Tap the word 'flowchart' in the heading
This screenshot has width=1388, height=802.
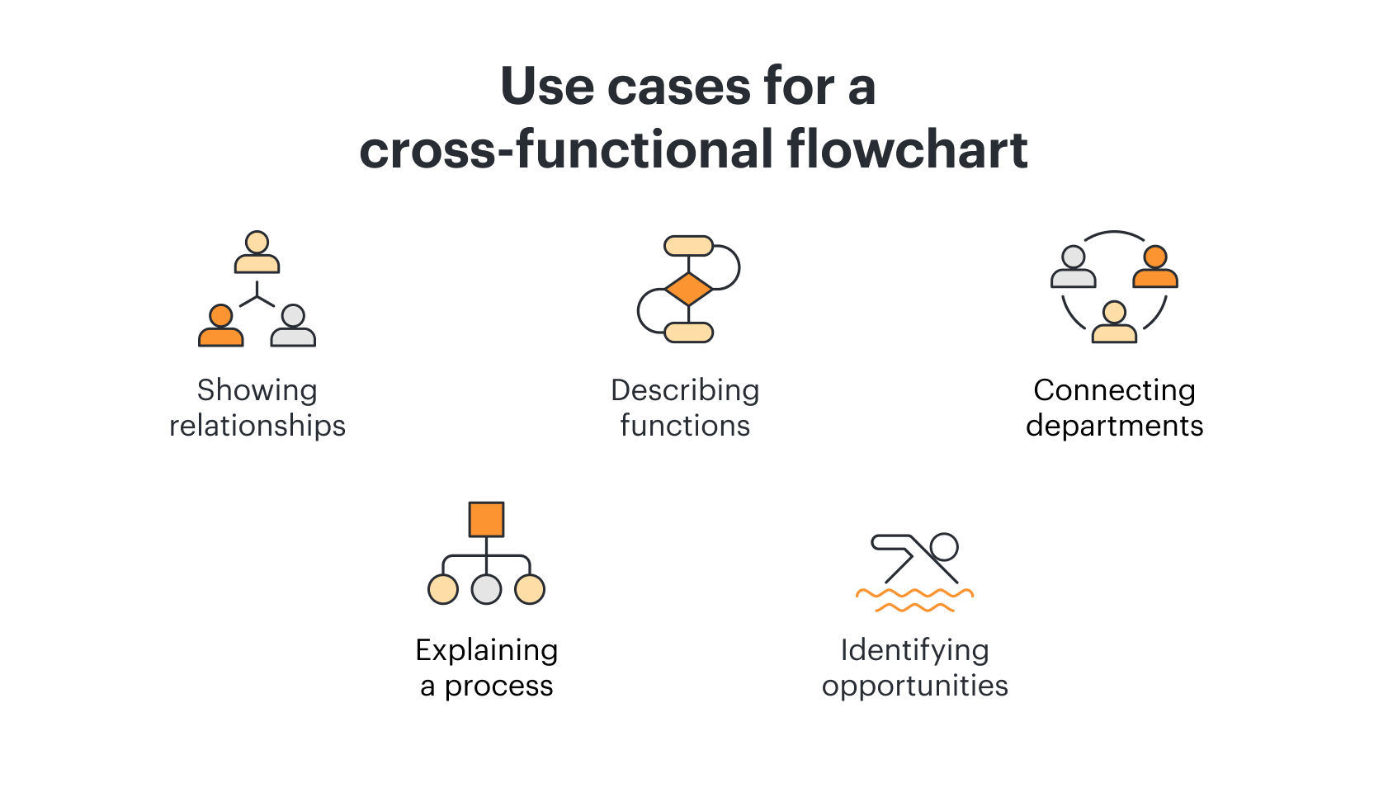point(907,149)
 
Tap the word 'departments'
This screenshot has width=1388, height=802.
point(1114,427)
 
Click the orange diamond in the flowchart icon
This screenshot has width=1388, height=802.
point(688,289)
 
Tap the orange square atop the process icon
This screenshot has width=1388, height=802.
point(486,519)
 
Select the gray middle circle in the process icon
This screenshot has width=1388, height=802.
point(486,589)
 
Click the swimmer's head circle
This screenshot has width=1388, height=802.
point(944,547)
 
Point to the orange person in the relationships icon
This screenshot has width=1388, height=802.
point(220,325)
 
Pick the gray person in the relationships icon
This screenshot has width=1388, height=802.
point(293,325)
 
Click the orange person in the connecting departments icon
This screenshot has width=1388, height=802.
point(1155,267)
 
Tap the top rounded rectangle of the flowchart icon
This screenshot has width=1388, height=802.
point(688,246)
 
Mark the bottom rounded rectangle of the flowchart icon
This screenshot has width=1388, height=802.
point(688,333)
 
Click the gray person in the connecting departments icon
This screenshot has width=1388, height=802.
point(1074,267)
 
